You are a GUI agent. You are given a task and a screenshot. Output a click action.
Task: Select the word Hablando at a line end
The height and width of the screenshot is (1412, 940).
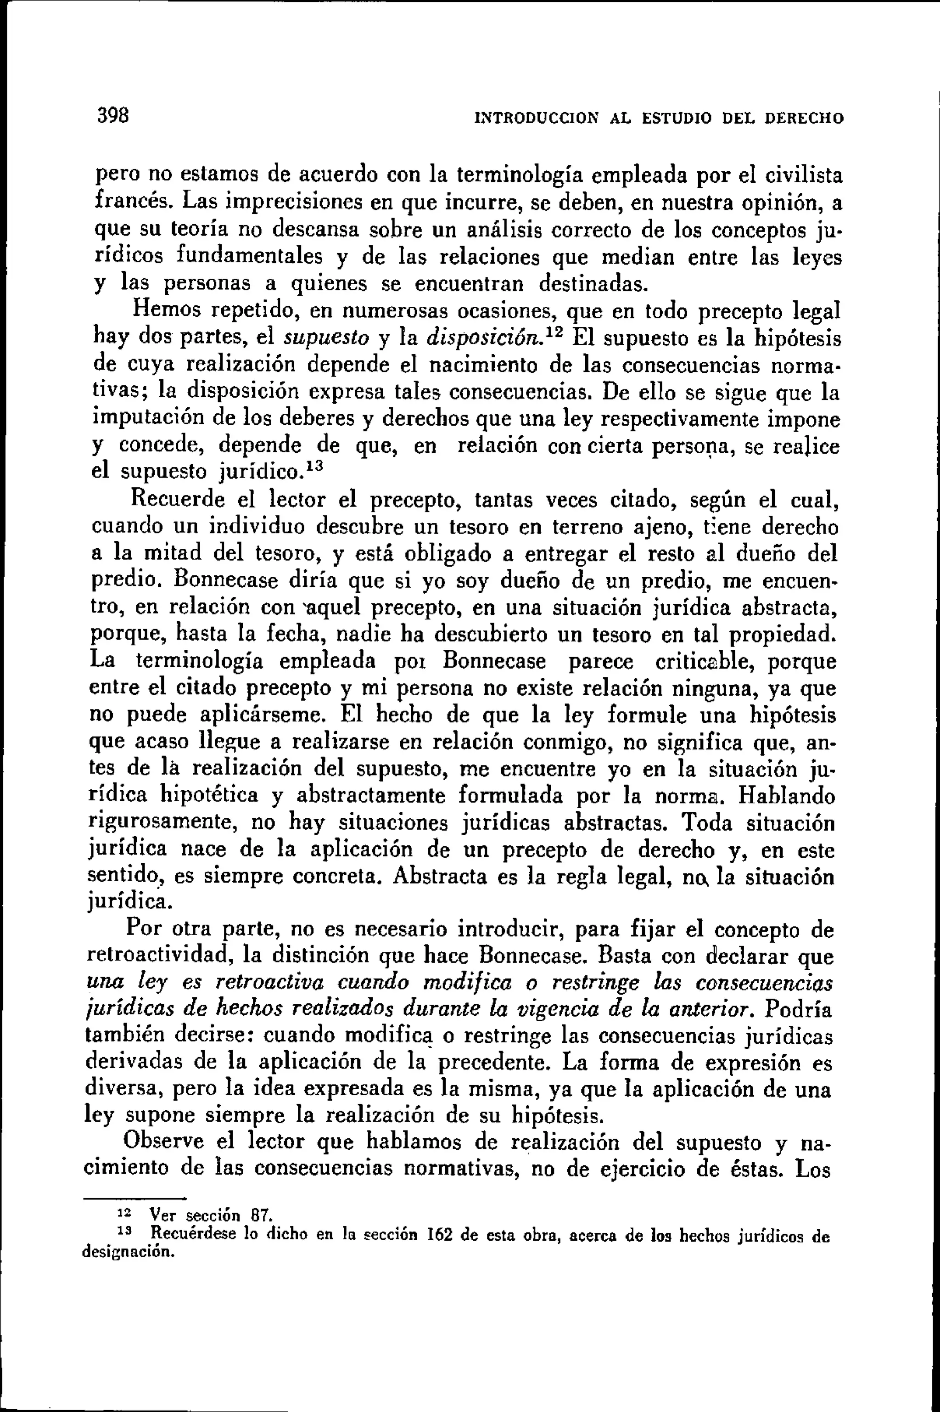tap(787, 796)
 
